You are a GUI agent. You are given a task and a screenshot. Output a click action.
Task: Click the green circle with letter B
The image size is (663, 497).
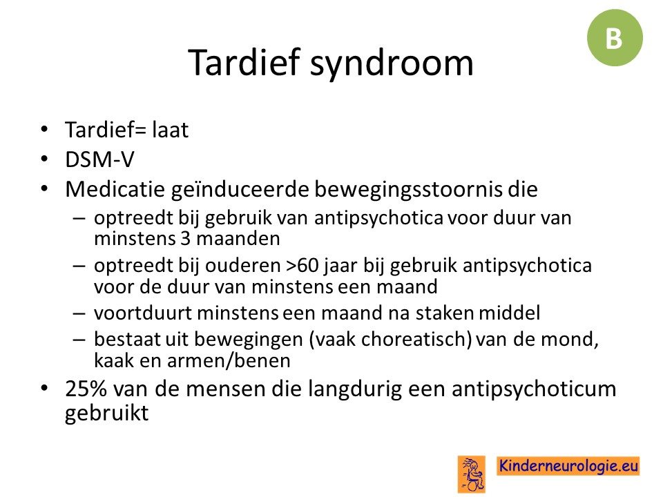[x=615, y=38]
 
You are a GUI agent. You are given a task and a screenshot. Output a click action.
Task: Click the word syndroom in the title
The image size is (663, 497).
[x=392, y=64]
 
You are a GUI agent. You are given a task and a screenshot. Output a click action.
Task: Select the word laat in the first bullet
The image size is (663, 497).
[x=170, y=129]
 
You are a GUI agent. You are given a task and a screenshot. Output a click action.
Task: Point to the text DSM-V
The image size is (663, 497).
[x=99, y=159]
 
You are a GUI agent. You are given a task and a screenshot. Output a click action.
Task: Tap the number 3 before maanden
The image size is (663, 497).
[x=186, y=239]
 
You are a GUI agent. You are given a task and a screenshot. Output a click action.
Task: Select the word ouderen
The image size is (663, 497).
[x=242, y=266]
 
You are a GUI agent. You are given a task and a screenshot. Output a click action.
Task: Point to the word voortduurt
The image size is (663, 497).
[x=143, y=313]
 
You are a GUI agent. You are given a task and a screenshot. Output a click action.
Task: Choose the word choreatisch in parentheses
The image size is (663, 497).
[x=414, y=340]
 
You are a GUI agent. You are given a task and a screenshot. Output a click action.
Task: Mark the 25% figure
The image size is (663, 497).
[x=86, y=389]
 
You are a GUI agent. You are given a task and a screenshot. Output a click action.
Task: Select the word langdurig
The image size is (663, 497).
[x=354, y=389]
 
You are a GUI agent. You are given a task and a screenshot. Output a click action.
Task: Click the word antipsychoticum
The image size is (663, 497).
[x=534, y=389]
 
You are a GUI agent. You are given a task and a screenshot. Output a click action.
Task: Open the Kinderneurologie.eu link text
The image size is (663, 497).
[x=568, y=466]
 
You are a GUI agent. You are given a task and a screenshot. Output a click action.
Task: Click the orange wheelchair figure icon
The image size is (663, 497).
[x=471, y=474]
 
